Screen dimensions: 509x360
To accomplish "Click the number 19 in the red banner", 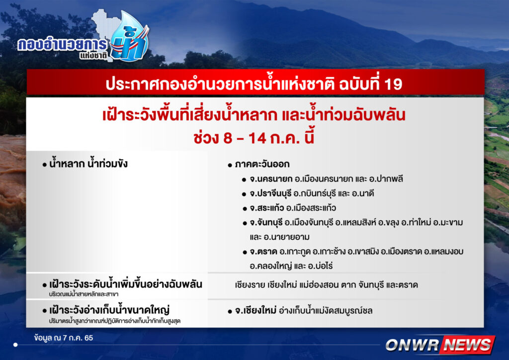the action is coord(393,84).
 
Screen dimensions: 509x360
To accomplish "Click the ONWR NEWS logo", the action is coord(440,345).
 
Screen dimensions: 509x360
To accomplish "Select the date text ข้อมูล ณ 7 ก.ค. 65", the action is coord(63,338).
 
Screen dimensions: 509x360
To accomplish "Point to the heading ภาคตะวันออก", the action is coord(262,164).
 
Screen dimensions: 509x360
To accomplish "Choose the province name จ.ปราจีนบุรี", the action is coord(270,193).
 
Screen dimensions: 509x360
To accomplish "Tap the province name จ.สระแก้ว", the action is coord(267,208).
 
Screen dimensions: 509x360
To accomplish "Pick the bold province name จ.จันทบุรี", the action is coord(266,223).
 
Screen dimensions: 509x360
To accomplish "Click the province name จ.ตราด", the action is coord(263,252).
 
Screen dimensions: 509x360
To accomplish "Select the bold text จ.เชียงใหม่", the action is coord(256,311).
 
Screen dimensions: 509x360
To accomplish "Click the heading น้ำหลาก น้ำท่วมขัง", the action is coord(88,163).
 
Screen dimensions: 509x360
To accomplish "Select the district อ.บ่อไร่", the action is coord(321,266).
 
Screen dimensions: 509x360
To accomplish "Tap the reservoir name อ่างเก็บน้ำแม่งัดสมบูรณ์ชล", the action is coord(326,311).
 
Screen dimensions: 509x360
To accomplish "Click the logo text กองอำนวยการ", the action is coord(62,44).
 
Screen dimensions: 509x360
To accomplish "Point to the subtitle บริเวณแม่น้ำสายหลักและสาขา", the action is coord(84,294).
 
